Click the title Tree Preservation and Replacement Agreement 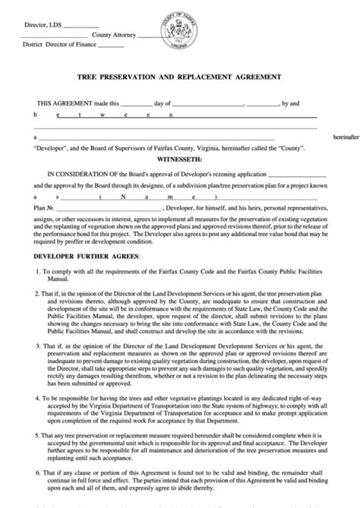click(x=179, y=77)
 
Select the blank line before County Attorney click(x=67, y=35)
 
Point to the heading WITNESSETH click(x=179, y=160)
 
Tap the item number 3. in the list click(x=36, y=367)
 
